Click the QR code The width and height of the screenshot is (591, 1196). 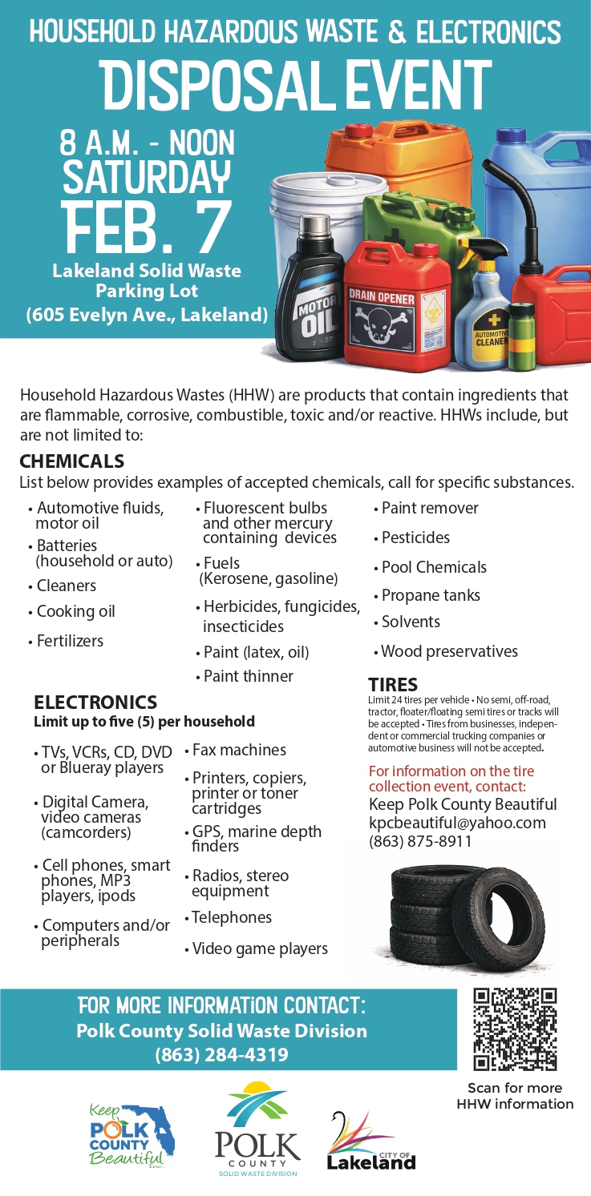coord(515,1030)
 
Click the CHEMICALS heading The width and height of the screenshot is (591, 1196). coord(72,461)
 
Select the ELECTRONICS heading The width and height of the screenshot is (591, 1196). coord(95,703)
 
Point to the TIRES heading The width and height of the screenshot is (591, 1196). coord(392,684)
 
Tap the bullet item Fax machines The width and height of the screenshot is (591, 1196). coord(239,750)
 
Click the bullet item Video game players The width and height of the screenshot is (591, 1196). coord(260,948)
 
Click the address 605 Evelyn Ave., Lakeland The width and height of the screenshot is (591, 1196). coord(147,315)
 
